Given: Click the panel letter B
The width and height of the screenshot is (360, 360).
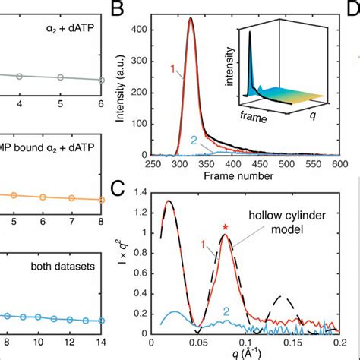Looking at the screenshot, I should pos(118,10).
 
